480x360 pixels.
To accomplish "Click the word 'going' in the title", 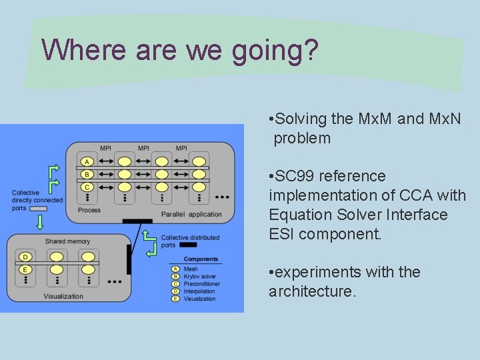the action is pos(264,52).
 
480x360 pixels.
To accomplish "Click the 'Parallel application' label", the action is pos(191,215).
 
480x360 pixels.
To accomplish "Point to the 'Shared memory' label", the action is pos(67,241).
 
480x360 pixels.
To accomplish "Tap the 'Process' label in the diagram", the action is pos(89,210).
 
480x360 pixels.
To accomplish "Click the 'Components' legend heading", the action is pos(201,259).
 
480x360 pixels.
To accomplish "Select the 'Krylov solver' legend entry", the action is pos(199,277).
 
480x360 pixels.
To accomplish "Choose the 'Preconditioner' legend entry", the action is pos(201,284).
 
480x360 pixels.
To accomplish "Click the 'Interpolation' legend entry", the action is pos(199,291).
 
